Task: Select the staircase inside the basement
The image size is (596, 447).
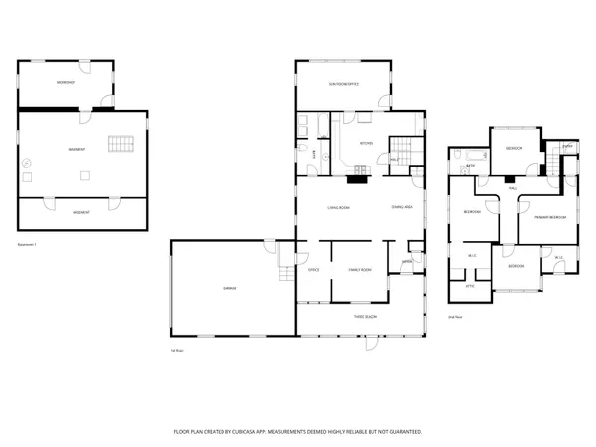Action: tap(120, 146)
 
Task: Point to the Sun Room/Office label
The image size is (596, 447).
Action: tap(344, 84)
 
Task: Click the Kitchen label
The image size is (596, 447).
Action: tap(365, 143)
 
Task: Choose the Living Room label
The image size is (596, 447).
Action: tap(339, 207)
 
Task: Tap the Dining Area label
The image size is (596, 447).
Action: tap(402, 207)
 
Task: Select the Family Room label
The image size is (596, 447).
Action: tap(359, 270)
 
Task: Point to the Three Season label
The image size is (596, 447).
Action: tap(365, 316)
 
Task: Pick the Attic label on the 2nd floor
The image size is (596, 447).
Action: tap(470, 286)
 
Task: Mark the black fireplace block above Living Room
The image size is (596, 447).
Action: tap(356, 181)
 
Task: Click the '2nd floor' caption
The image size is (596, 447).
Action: tap(456, 318)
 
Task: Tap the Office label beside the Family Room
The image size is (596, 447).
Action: tap(312, 270)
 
